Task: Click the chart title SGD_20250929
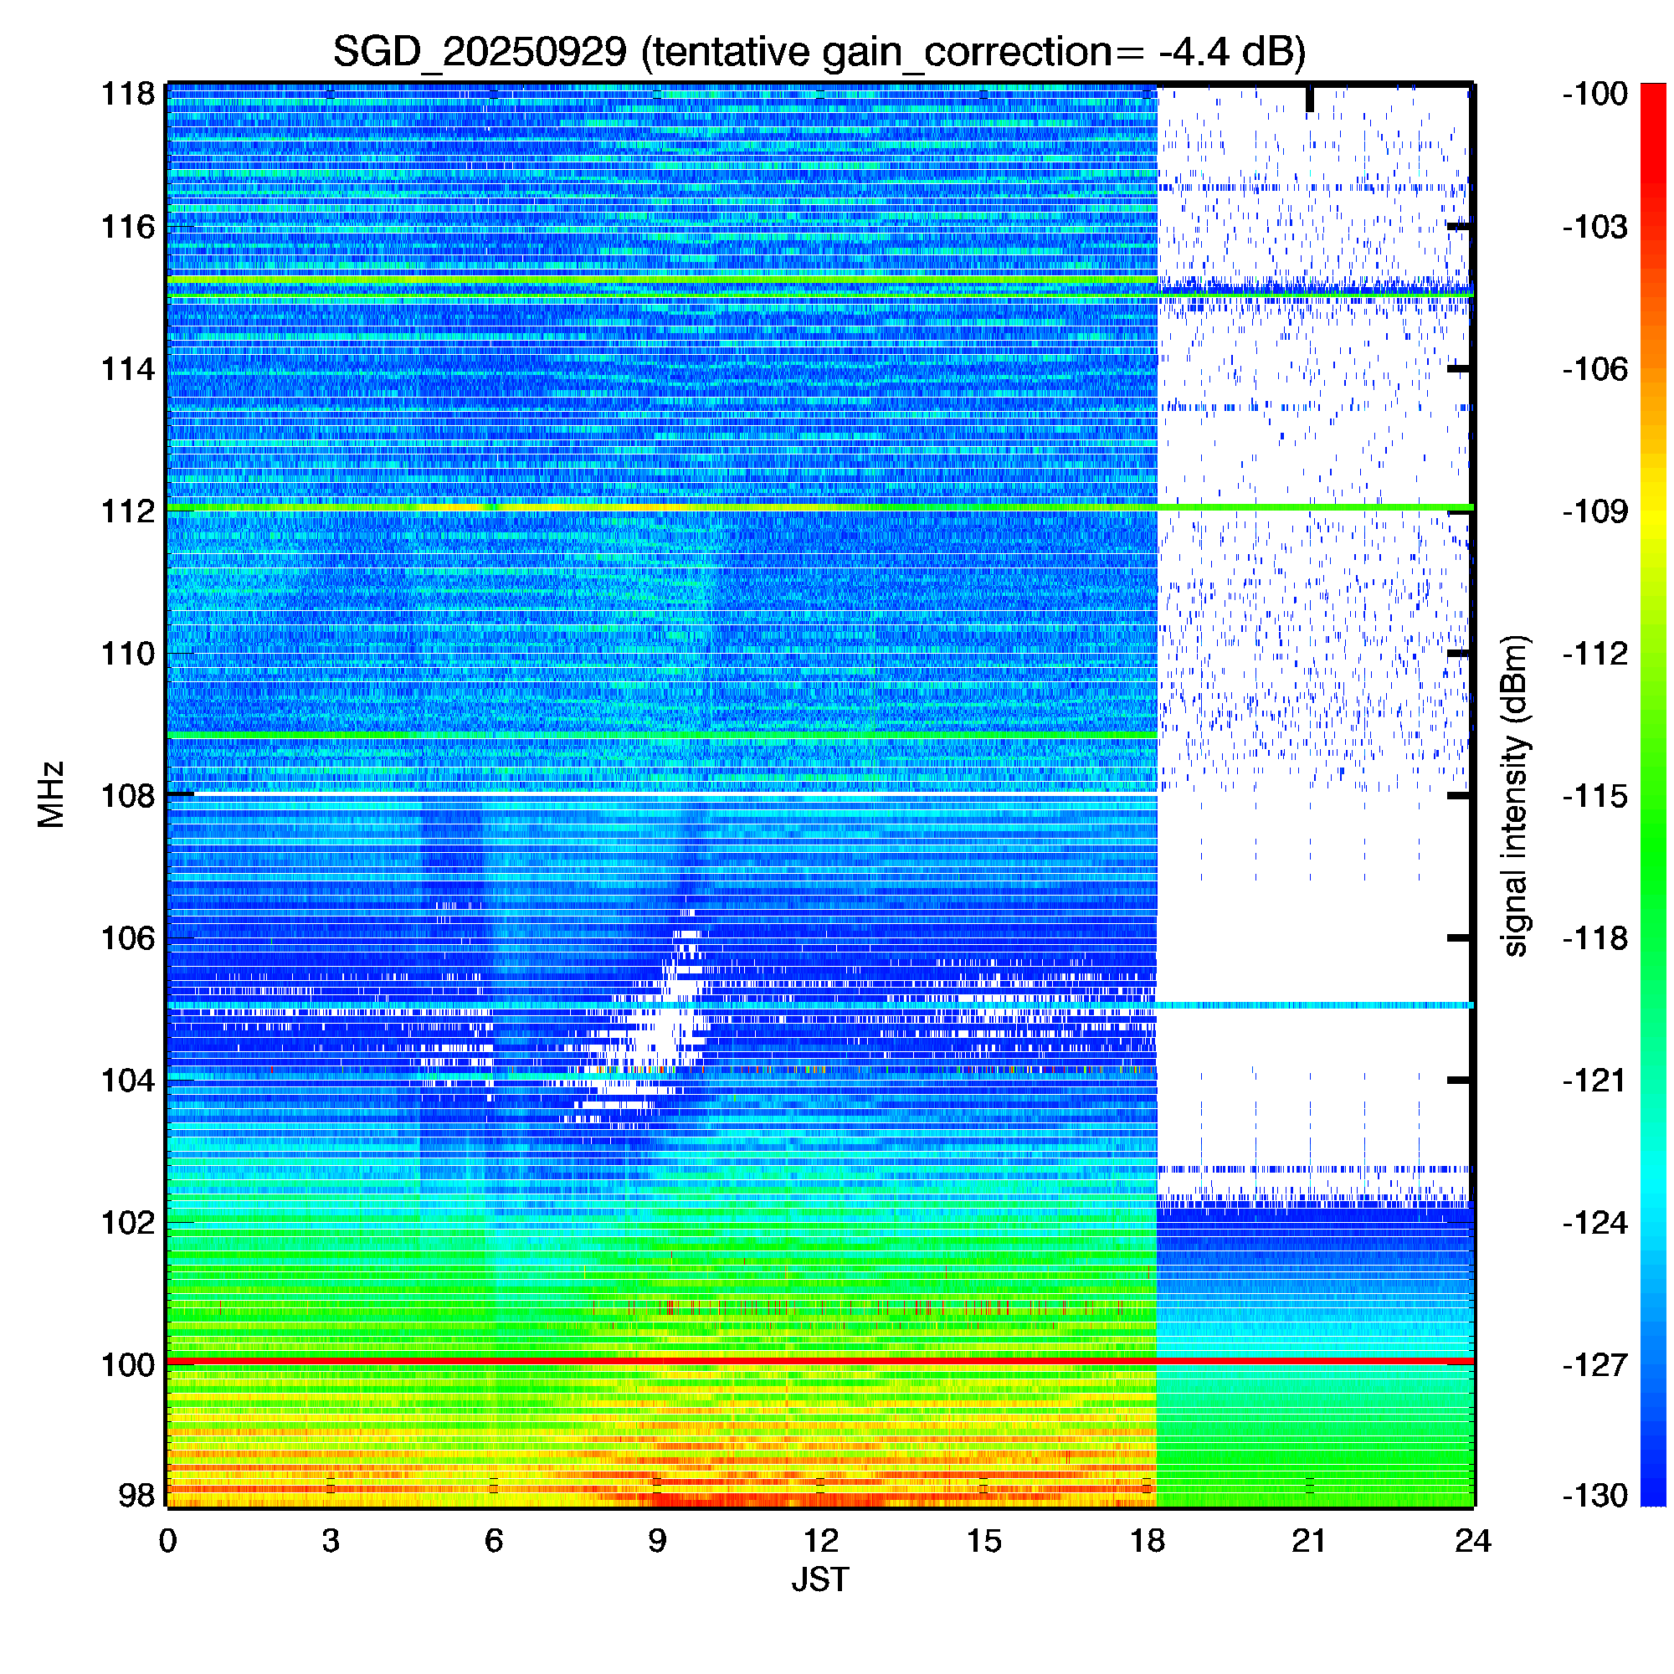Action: (x=480, y=52)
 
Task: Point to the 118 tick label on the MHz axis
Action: (x=128, y=94)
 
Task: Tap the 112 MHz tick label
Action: (x=128, y=511)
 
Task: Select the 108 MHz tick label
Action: (x=128, y=795)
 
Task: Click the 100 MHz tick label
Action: (x=128, y=1364)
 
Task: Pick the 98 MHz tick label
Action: (x=137, y=1495)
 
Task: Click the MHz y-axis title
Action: (x=51, y=794)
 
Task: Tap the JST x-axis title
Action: (x=819, y=1579)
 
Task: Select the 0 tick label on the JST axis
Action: (x=167, y=1541)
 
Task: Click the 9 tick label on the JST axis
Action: (x=657, y=1541)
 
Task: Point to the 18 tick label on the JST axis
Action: (x=1148, y=1541)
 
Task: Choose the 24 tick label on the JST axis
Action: (x=1473, y=1541)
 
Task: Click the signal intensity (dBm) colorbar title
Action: (x=1516, y=795)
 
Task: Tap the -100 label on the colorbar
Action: (x=1595, y=94)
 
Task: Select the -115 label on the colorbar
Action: (x=1595, y=795)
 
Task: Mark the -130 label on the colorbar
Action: (x=1595, y=1495)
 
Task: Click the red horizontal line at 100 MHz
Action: (x=819, y=1362)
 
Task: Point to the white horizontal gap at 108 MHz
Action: (x=663, y=793)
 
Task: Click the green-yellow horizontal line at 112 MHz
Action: (x=819, y=507)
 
